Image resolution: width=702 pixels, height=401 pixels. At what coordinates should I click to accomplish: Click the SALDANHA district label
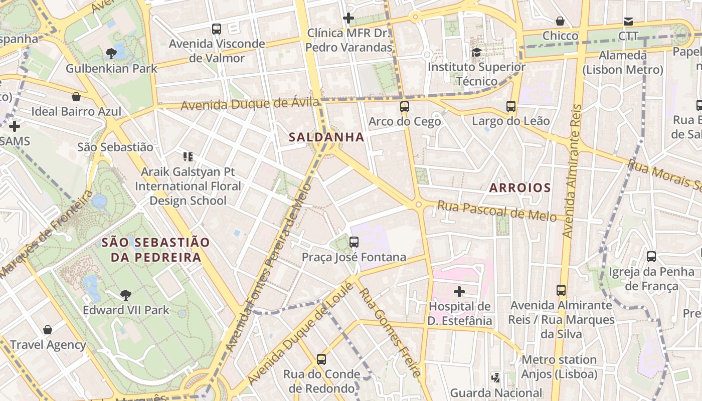326,137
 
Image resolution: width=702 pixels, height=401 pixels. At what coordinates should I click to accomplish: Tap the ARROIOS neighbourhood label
519,188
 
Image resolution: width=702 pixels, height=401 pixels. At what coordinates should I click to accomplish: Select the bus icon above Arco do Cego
404,106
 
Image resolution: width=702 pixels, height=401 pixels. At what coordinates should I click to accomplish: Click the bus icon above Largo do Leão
511,106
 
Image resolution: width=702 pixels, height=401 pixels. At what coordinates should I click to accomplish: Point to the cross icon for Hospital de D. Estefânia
459,291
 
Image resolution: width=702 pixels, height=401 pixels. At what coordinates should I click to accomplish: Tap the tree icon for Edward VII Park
126,295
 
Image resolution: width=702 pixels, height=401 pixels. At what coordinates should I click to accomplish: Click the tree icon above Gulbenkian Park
111,53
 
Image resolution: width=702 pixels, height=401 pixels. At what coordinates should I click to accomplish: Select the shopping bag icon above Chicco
560,21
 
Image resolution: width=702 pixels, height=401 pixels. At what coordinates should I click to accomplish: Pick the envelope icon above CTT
628,21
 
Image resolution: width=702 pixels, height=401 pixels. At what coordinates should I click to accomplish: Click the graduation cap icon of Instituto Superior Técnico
476,52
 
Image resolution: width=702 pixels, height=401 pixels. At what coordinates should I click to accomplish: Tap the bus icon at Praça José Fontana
354,242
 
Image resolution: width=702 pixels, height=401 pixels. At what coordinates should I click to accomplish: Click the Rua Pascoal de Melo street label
496,211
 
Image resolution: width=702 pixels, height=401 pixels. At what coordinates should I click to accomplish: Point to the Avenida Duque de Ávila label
250,105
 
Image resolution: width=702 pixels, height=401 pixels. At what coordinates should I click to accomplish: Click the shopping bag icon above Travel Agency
48,330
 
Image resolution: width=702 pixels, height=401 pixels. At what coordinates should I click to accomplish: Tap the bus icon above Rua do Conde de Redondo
321,359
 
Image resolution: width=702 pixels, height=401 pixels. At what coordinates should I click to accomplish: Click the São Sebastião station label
115,147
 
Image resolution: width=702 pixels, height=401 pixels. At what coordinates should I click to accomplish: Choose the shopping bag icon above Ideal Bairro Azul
76,97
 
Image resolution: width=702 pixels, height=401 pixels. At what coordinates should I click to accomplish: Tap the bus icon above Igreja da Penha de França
651,257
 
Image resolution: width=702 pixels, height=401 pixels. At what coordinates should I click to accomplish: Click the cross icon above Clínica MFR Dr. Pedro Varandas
348,19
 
